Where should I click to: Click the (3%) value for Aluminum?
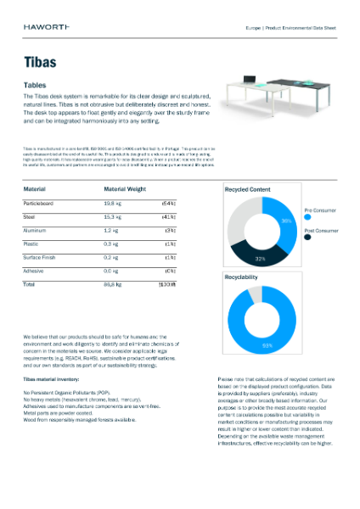pos(170,231)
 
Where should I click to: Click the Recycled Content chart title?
pos(247,189)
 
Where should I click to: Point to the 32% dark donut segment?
pos(262,258)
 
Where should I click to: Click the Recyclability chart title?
pos(245,277)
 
